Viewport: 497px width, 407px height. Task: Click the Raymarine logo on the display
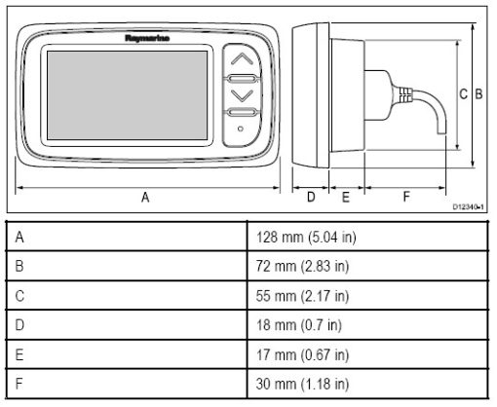(x=147, y=38)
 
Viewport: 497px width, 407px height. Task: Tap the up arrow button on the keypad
(x=242, y=59)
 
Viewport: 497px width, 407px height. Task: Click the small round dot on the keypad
(x=241, y=129)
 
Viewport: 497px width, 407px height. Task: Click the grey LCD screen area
(x=127, y=95)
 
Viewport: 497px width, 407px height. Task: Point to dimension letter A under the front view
(x=145, y=197)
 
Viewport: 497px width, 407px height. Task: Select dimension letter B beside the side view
(x=478, y=93)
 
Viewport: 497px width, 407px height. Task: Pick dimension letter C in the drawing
(x=463, y=94)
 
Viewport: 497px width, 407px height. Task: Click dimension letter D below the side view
(x=311, y=197)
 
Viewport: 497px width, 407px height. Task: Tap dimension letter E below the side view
(x=346, y=197)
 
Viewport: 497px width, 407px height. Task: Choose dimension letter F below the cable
(x=406, y=197)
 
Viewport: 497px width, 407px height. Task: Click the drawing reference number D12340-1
(x=469, y=206)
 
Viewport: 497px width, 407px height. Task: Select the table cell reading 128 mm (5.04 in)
(x=306, y=237)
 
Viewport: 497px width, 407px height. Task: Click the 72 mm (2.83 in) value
(x=302, y=266)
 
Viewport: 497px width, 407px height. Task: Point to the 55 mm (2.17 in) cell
(x=302, y=296)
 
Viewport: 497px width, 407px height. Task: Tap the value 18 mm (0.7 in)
(x=299, y=325)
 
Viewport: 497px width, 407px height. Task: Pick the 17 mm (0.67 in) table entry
(x=302, y=354)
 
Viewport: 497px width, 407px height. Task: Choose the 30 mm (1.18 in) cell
(x=302, y=384)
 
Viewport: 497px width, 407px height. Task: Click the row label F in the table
(x=19, y=384)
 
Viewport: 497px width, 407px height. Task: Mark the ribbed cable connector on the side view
(x=405, y=94)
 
